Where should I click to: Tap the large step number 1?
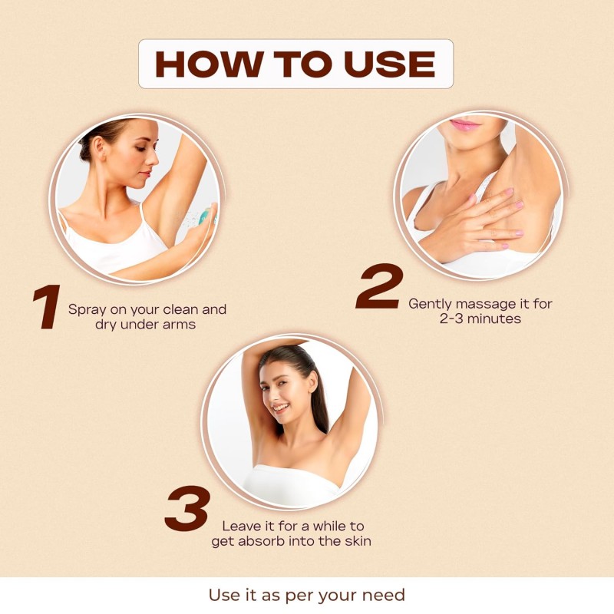[47, 306]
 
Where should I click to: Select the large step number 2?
[379, 286]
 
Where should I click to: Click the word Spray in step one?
[87, 310]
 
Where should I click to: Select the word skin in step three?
[358, 541]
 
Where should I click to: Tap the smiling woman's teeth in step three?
[280, 408]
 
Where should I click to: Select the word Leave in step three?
[238, 526]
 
